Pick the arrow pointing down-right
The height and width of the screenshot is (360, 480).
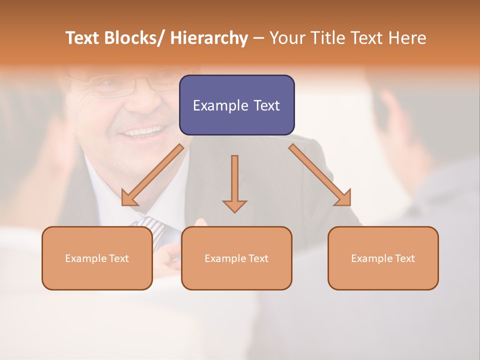click(x=320, y=175)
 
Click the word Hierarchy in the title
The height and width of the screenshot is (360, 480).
click(x=209, y=38)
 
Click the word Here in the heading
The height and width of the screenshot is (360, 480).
click(x=407, y=38)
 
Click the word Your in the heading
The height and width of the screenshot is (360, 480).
click(x=287, y=38)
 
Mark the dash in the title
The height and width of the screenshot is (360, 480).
click(x=258, y=38)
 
